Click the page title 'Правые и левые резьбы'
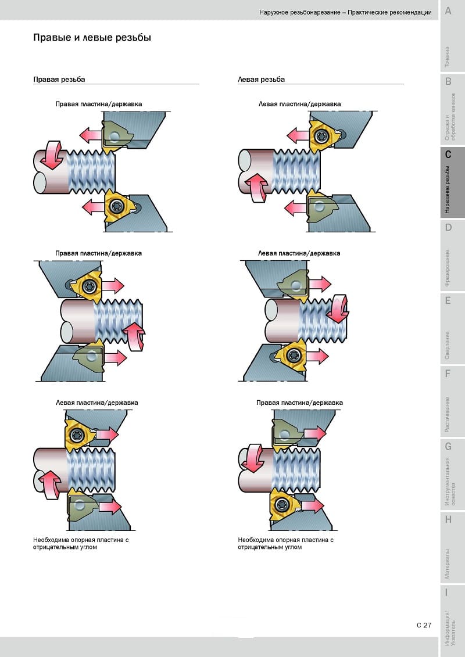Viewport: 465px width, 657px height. (x=92, y=38)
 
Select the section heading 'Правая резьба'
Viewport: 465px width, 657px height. (x=59, y=80)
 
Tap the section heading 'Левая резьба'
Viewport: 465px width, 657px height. (x=261, y=80)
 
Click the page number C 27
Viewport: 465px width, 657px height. (x=424, y=625)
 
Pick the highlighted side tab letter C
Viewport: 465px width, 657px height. (x=448, y=154)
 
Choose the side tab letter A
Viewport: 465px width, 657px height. (x=448, y=11)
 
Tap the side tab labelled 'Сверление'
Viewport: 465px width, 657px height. (x=448, y=345)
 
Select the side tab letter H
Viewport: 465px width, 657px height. (x=448, y=519)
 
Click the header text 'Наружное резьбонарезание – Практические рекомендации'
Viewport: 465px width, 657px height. (x=345, y=13)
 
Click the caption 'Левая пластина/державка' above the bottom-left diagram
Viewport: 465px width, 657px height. (x=97, y=403)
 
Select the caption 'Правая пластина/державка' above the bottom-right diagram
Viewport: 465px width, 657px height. (x=300, y=403)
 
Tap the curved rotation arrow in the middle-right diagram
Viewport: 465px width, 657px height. (x=339, y=308)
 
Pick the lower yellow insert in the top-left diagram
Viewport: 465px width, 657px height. (x=119, y=206)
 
